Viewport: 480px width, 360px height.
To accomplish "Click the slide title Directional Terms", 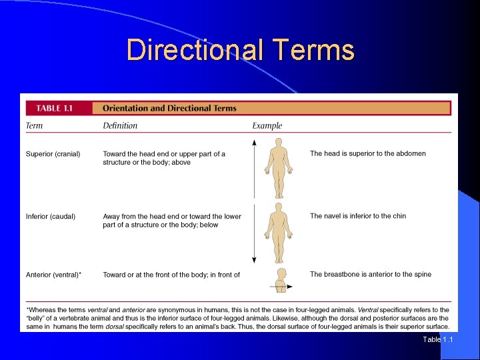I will pyautogui.click(x=240, y=50).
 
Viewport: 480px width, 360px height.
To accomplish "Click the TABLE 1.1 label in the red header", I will pyautogui.click(x=59, y=108).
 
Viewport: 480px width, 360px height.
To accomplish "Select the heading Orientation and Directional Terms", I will pyautogui.click(x=169, y=108).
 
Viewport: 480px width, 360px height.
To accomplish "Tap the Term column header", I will pyautogui.click(x=34, y=125).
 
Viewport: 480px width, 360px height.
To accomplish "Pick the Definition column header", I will pyautogui.click(x=120, y=125).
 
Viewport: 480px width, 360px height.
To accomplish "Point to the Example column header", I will pyautogui.click(x=267, y=125).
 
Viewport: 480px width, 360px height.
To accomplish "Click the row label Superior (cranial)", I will pyautogui.click(x=53, y=154).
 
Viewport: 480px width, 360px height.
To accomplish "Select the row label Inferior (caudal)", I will pyautogui.click(x=51, y=217).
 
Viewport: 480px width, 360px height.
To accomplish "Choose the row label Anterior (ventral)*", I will pyautogui.click(x=54, y=275).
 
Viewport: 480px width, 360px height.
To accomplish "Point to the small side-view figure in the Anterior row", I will pyautogui.click(x=281, y=280).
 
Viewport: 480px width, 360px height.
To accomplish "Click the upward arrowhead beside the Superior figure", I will pyautogui.click(x=254, y=142).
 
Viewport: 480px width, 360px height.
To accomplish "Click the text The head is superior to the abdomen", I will pyautogui.click(x=367, y=154).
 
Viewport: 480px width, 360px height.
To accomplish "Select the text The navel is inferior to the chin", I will pyautogui.click(x=357, y=216).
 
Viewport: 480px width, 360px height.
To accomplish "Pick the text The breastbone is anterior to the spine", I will pyautogui.click(x=370, y=275).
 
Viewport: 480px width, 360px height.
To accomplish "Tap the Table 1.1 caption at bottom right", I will pyautogui.click(x=437, y=340).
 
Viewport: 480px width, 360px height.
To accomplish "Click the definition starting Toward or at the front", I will pyautogui.click(x=171, y=275).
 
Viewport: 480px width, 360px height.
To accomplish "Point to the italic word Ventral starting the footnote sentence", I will pyautogui.click(x=368, y=310).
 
